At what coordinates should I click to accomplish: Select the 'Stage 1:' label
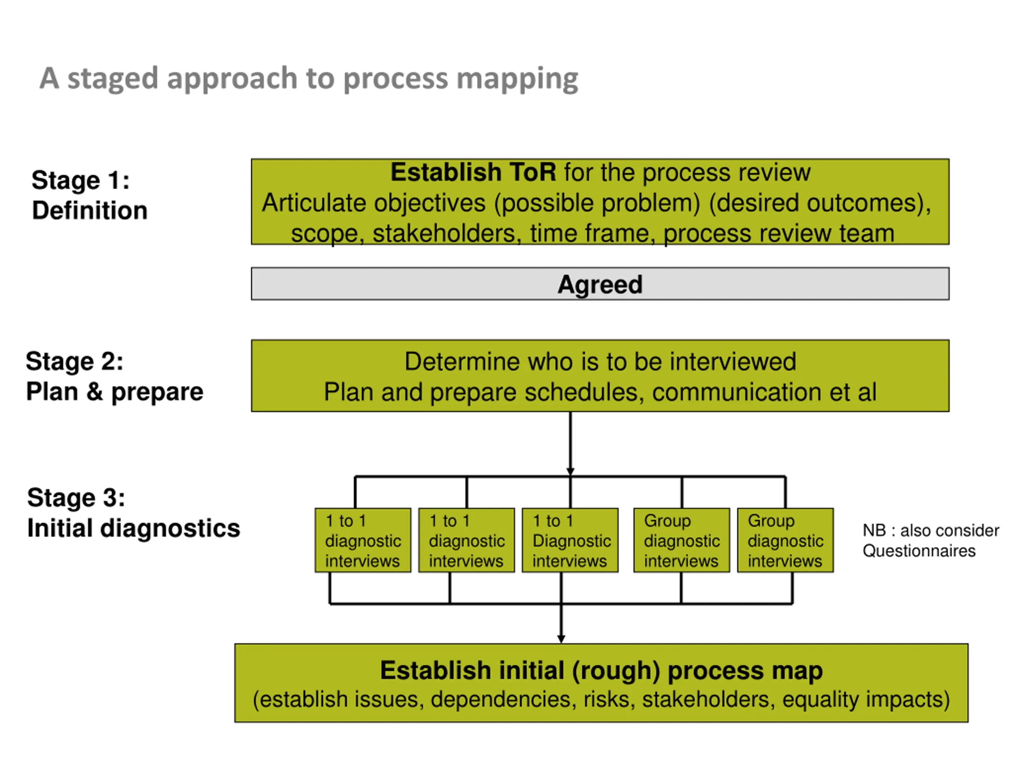pos(81,180)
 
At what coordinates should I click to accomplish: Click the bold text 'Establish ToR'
pos(473,172)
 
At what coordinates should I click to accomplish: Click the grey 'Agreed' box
pos(600,284)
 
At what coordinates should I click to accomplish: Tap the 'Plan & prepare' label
pos(114,392)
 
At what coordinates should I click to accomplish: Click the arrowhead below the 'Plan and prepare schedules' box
pos(570,472)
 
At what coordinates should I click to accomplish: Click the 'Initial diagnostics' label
pos(134,529)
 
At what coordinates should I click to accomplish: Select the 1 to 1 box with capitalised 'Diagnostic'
pos(570,540)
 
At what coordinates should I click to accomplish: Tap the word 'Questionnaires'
pos(919,551)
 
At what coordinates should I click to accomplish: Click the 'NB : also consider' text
pos(931,531)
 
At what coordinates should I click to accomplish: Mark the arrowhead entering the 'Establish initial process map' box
pos(561,639)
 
